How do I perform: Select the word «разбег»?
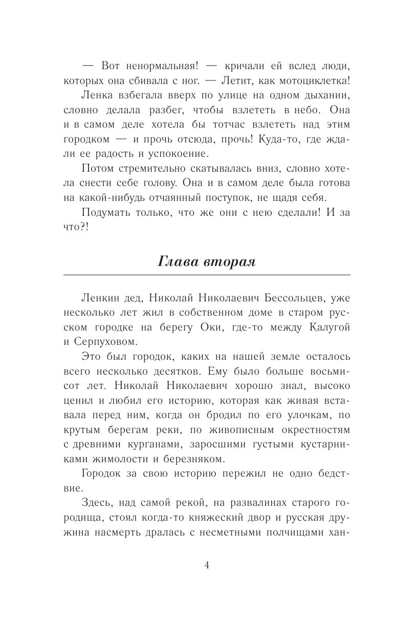(x=168, y=110)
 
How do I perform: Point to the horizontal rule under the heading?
(x=206, y=275)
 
